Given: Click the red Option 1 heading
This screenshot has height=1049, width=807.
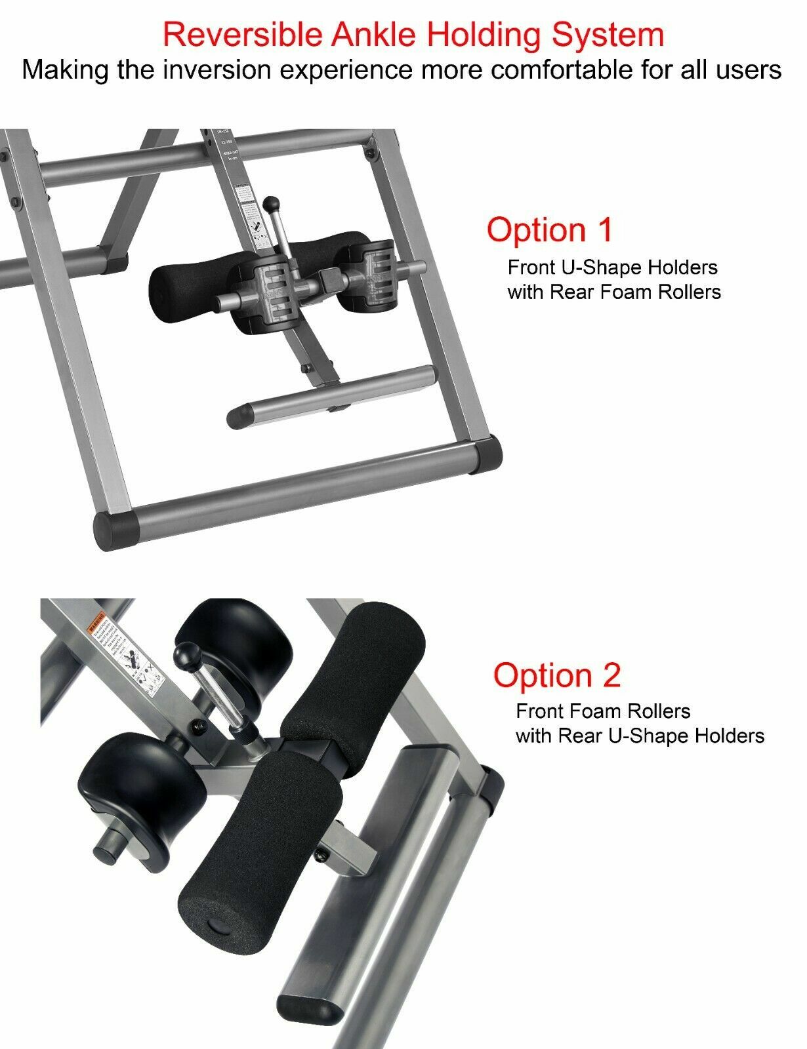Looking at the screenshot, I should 549,229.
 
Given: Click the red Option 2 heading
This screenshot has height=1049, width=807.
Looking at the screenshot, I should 556,675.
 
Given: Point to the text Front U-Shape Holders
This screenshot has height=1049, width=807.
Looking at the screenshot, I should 612,267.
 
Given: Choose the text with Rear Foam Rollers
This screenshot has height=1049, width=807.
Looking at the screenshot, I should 613,292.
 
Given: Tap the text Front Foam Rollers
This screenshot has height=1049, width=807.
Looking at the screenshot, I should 603,711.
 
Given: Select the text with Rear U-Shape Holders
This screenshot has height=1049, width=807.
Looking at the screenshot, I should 640,736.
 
